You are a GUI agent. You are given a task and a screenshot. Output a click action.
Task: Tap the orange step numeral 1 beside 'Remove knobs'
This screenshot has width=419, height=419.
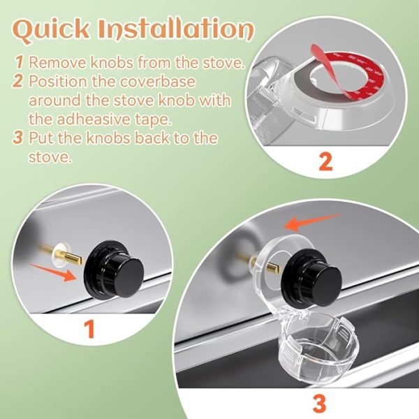(x=20, y=62)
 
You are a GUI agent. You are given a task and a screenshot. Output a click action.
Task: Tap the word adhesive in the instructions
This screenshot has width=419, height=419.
(x=91, y=117)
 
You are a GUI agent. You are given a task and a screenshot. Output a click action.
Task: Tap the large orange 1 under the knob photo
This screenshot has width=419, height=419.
(x=89, y=329)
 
